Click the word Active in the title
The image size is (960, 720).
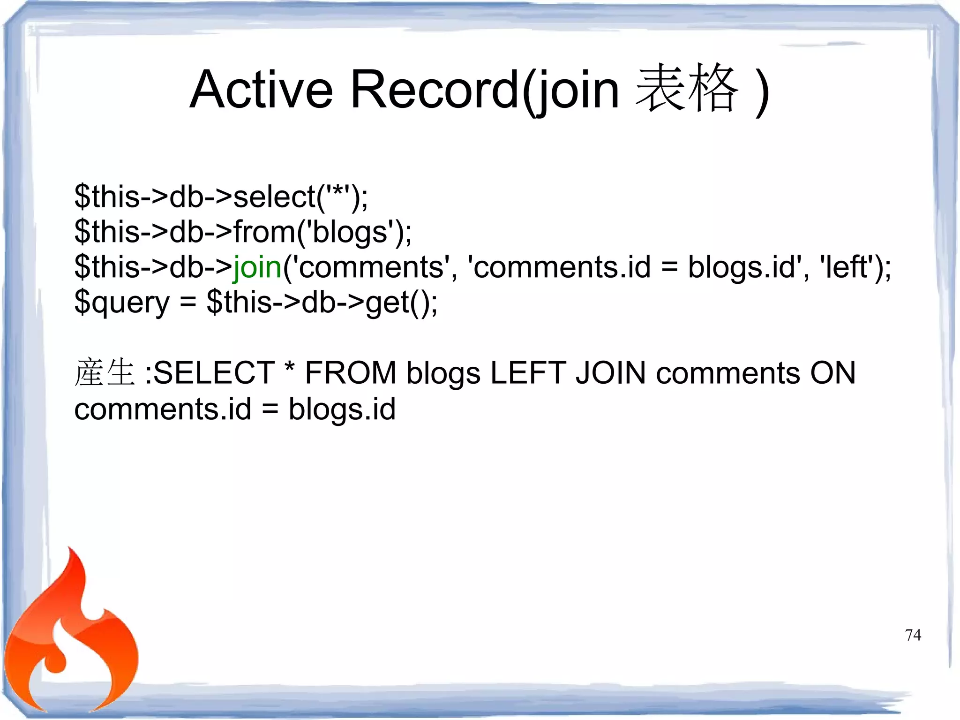click(x=261, y=89)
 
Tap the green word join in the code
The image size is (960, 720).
click(x=257, y=267)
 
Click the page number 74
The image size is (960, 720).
click(x=913, y=635)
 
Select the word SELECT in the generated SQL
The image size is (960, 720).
click(x=214, y=373)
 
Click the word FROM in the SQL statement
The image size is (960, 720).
click(x=351, y=373)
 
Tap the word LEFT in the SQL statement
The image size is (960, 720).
click(x=528, y=373)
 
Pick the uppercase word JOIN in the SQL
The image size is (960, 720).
click(x=611, y=373)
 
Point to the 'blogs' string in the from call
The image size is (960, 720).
click(x=349, y=232)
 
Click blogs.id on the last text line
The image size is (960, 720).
click(x=342, y=409)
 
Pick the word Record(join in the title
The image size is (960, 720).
click(x=485, y=89)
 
